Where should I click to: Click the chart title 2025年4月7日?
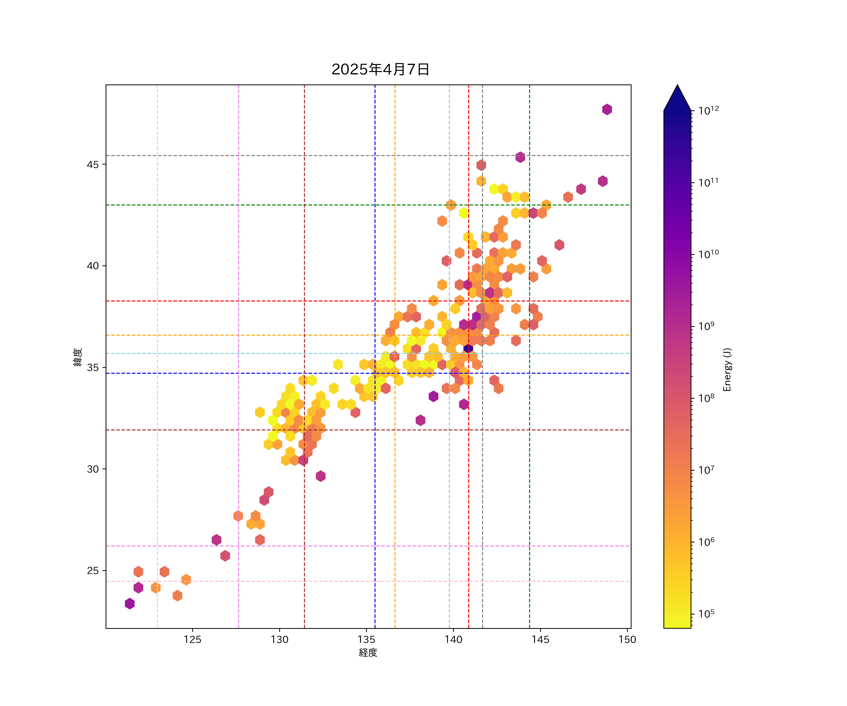pos(380,69)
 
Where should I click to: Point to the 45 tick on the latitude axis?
pos(92,164)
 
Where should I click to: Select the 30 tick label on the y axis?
pos(92,469)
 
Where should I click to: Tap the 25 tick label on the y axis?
pos(92,571)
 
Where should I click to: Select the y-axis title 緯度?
pos(78,357)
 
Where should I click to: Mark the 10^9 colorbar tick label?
pos(706,326)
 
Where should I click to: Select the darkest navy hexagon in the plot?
pos(468,348)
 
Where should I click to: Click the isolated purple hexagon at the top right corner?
pos(607,109)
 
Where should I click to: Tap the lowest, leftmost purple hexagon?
pos(129,604)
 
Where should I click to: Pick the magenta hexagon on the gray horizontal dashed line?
pos(520,157)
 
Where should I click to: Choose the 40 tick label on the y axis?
pos(92,266)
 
